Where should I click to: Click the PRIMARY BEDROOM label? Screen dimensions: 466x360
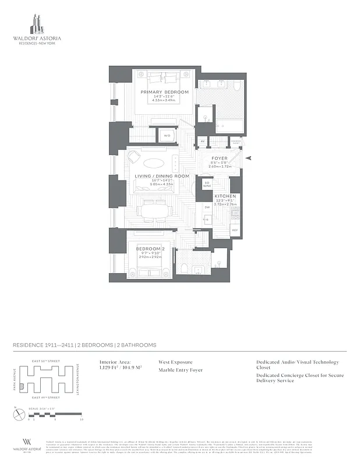click(165, 92)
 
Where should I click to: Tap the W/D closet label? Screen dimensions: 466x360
click(167, 136)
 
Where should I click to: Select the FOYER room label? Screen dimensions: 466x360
click(219, 157)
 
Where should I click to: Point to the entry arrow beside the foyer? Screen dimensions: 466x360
click(249, 158)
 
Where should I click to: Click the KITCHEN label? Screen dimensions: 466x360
click(224, 196)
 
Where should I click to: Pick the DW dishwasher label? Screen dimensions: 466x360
click(207, 207)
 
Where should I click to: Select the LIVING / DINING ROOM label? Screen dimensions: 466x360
click(163, 176)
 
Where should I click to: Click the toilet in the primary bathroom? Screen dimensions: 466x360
click(237, 87)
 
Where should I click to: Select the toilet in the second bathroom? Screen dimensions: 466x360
click(185, 267)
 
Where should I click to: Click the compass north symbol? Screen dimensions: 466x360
click(16, 414)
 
